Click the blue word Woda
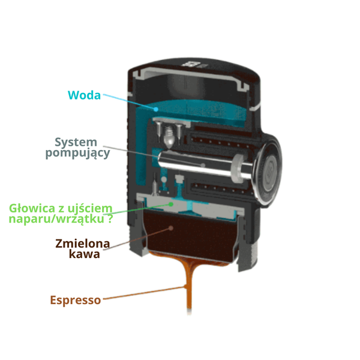(x=85, y=95)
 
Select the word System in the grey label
(x=76, y=142)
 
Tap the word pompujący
(x=77, y=154)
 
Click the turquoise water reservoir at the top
(x=198, y=112)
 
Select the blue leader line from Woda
(x=129, y=103)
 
